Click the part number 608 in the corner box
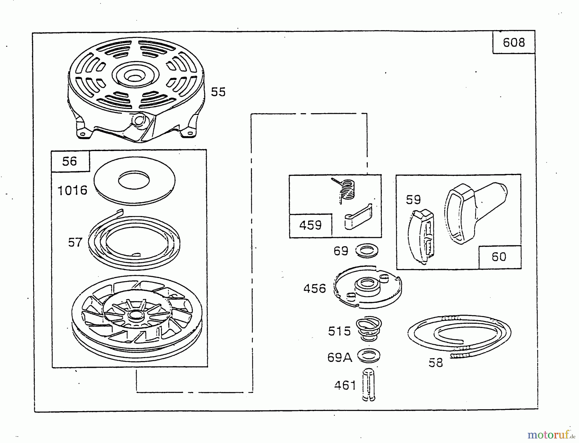pos(514,42)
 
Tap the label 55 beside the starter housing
pos(218,92)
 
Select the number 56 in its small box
pos(69,161)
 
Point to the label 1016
pos(72,190)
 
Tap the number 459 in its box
pos(310,225)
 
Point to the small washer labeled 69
pos(367,251)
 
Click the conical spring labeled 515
pos(368,330)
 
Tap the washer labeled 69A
pos(369,356)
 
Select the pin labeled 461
pos(368,384)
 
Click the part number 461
pos(345,385)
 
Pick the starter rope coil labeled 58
pos(459,334)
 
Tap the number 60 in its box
pos(499,257)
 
